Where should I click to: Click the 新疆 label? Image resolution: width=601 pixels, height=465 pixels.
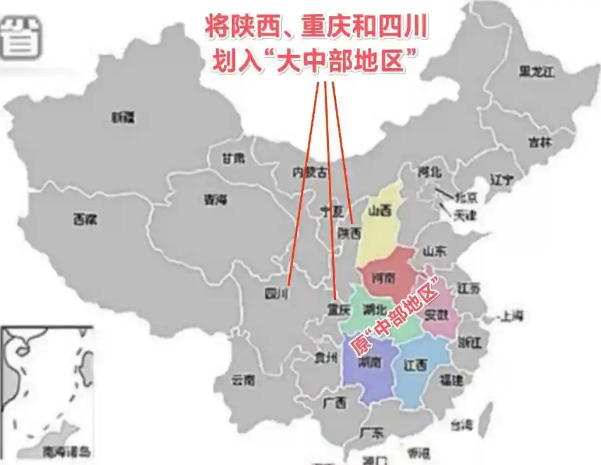point(123,118)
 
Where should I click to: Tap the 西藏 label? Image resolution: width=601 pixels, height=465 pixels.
point(85,220)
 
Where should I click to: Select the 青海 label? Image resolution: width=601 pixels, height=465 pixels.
point(215,200)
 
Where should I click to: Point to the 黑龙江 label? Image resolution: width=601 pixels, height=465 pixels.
point(536,72)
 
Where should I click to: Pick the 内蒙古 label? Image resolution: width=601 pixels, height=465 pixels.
point(309,172)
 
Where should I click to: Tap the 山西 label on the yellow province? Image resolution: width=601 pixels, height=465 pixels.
point(379,211)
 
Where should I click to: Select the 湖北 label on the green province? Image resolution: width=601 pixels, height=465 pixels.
point(374,309)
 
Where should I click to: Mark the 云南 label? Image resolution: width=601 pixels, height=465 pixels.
point(243,380)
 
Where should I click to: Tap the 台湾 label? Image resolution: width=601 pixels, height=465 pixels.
point(463,425)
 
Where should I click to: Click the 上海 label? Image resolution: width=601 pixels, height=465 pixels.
point(511,316)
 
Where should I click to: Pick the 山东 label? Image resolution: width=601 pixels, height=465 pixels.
point(434,252)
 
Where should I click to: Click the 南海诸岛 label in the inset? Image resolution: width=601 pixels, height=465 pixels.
point(67,452)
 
